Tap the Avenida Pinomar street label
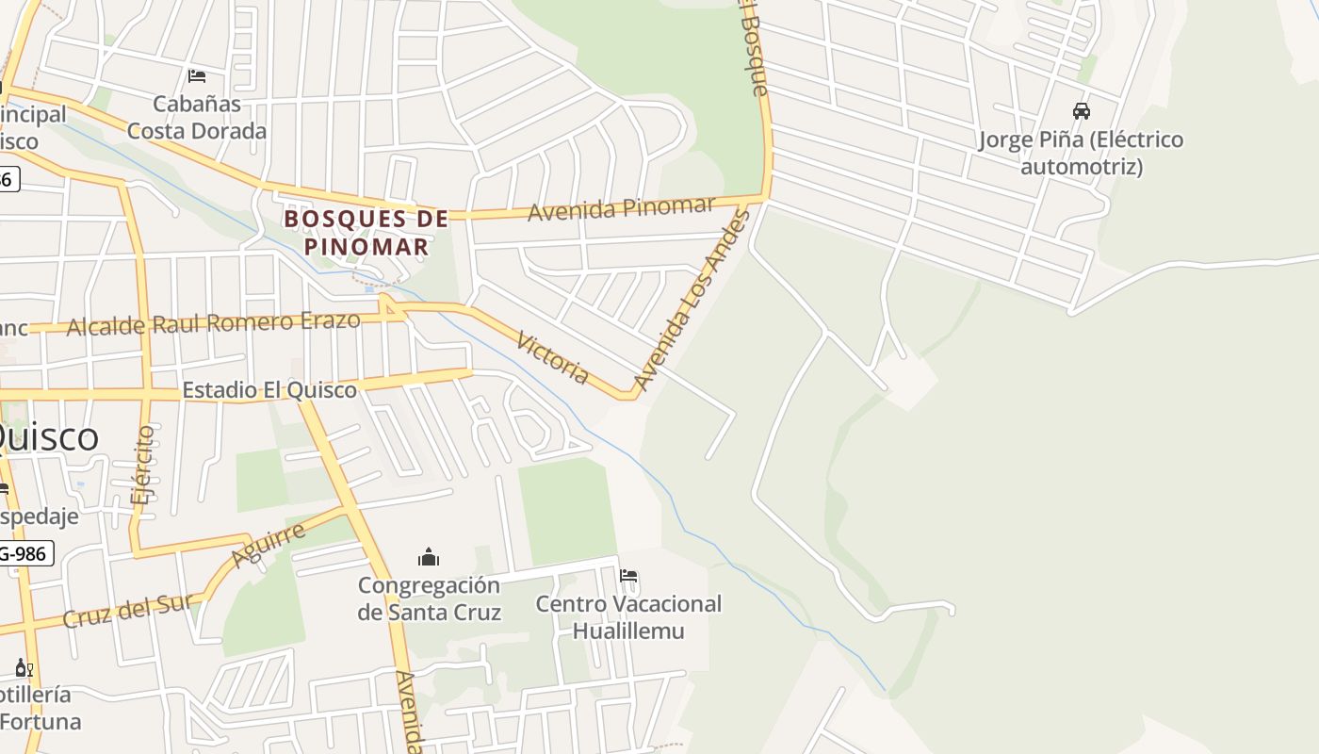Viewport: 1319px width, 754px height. [x=621, y=208]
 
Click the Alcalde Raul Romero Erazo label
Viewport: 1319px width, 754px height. [x=214, y=323]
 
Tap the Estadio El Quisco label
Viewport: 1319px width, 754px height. [x=269, y=389]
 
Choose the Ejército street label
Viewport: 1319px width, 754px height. [x=143, y=466]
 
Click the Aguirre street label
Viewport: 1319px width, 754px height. [x=269, y=546]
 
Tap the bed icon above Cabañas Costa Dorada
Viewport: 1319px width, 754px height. [x=197, y=75]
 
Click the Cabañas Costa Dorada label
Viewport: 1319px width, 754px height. [x=197, y=117]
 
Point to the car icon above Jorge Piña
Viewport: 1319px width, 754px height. [x=1082, y=111]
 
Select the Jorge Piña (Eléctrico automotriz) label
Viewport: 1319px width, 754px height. [x=1082, y=153]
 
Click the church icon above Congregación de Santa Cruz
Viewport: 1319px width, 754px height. [x=429, y=557]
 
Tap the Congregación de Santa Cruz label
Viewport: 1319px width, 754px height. [x=429, y=598]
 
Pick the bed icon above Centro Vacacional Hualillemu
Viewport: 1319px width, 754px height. [x=628, y=576]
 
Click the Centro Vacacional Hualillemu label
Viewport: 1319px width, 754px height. [x=628, y=616]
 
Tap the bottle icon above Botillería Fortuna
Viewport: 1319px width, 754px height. [x=24, y=668]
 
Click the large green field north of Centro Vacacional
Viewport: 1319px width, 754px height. [x=567, y=509]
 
